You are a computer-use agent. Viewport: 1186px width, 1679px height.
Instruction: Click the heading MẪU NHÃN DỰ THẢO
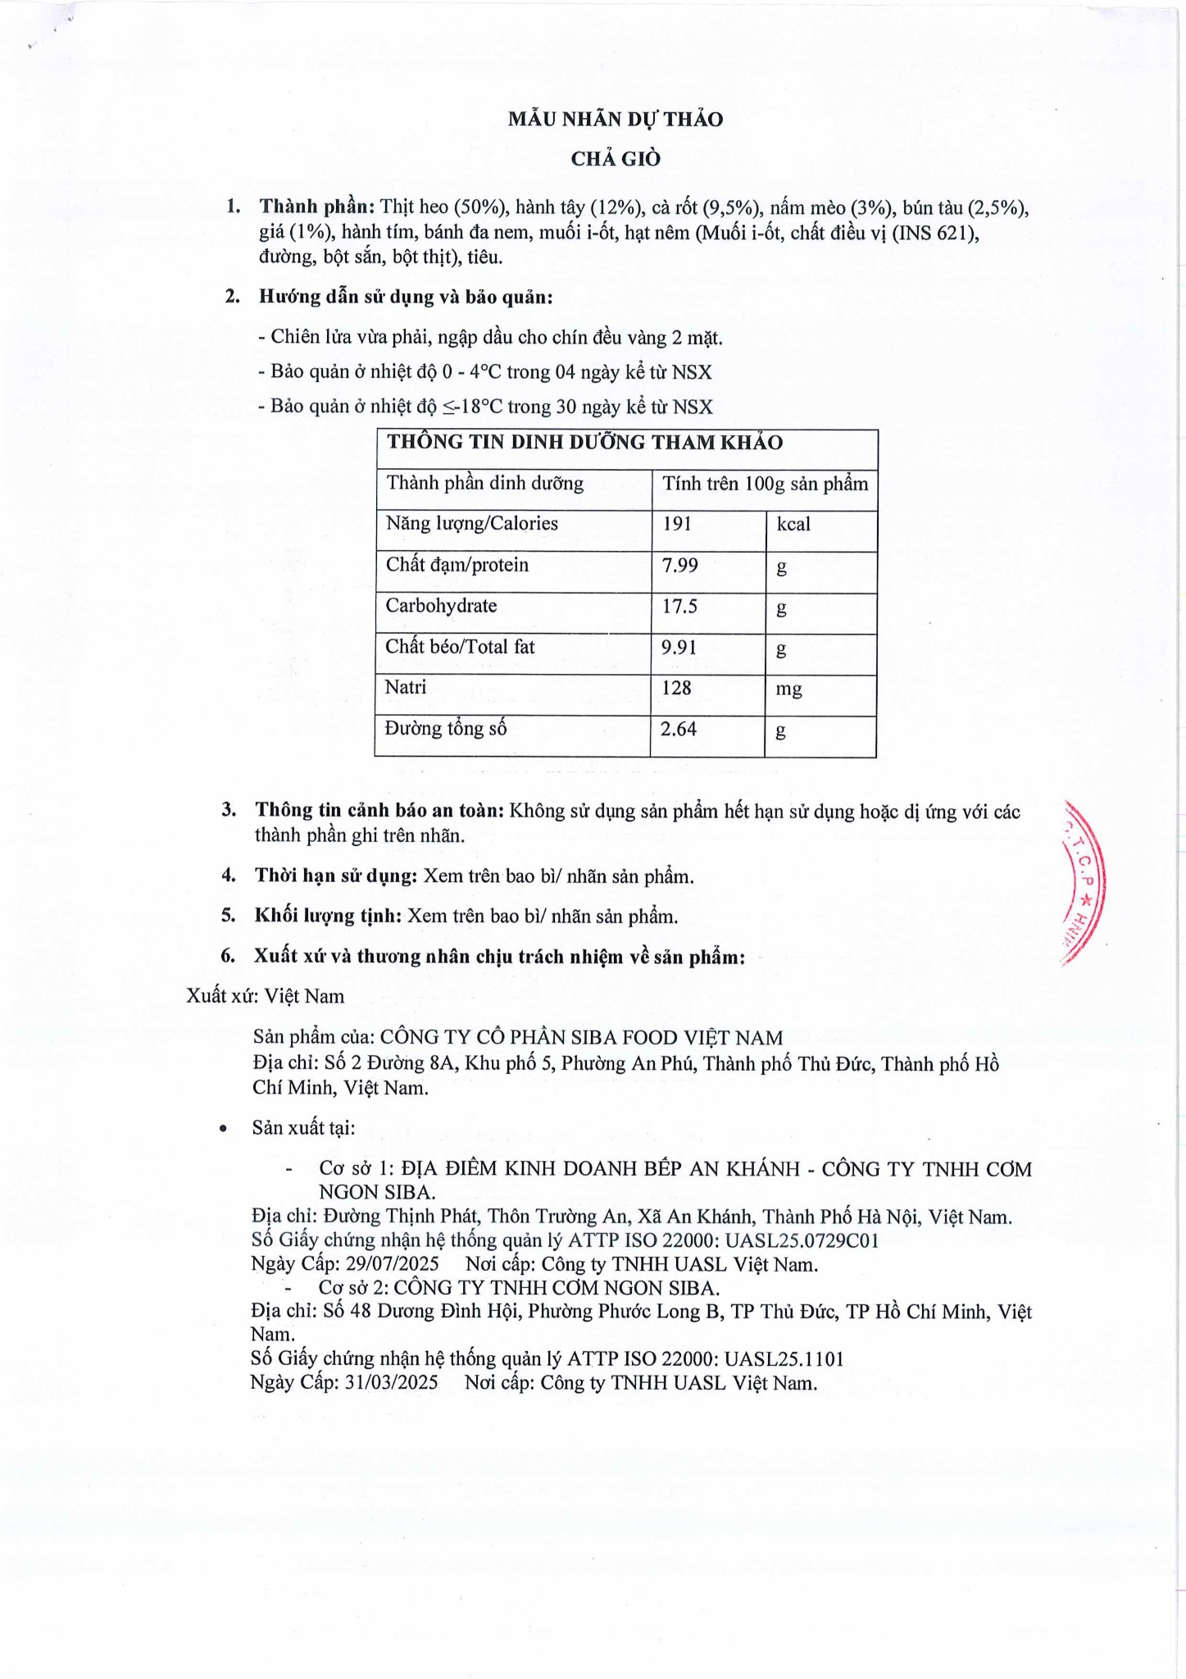click(x=615, y=120)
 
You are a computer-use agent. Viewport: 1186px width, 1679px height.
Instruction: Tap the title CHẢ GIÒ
click(x=616, y=159)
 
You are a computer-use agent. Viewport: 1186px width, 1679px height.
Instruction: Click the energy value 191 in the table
click(x=677, y=524)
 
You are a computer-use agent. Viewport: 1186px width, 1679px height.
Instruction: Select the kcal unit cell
click(x=793, y=525)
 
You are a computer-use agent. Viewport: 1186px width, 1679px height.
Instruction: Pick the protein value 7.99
click(x=680, y=565)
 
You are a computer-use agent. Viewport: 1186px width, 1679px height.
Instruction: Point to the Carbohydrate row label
click(x=441, y=606)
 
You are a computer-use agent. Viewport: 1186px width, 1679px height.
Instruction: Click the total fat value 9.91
click(x=679, y=647)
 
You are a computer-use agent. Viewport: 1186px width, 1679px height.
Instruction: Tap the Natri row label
click(x=406, y=687)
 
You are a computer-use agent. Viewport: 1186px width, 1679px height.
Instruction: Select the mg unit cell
click(x=788, y=689)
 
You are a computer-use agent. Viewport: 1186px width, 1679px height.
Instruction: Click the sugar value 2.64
click(x=679, y=729)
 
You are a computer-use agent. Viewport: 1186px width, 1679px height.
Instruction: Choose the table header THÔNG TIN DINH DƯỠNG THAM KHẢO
click(x=584, y=443)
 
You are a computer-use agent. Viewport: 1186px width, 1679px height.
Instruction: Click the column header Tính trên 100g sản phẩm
click(x=765, y=484)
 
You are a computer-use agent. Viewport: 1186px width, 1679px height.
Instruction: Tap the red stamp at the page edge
click(x=1084, y=883)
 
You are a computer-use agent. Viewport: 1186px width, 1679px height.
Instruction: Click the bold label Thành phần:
click(x=317, y=207)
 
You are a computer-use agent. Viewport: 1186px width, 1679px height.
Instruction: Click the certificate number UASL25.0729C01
click(x=802, y=1240)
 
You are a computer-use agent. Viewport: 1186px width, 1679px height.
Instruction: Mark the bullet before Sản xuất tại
click(x=223, y=1129)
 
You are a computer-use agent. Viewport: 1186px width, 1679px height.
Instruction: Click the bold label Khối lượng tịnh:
click(x=328, y=916)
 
